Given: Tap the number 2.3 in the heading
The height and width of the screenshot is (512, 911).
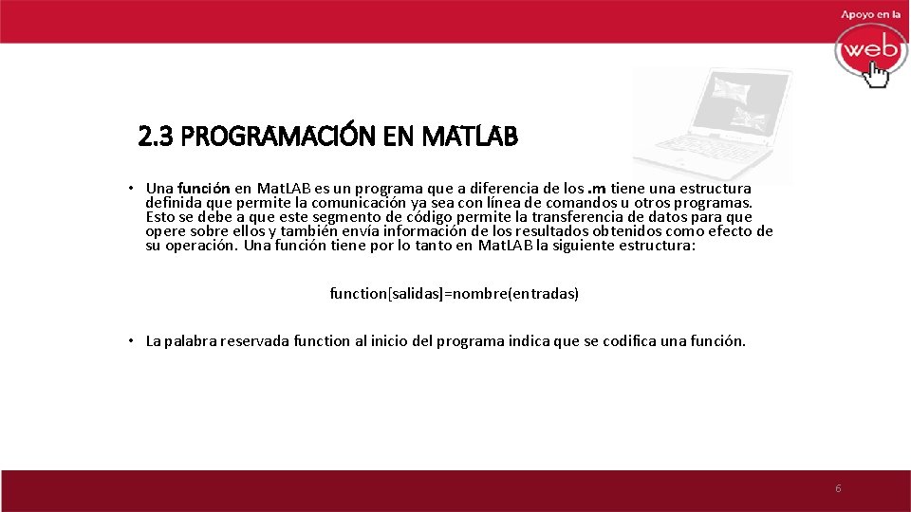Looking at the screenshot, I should coord(156,138).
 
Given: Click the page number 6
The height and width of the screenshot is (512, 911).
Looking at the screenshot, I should coord(838,488).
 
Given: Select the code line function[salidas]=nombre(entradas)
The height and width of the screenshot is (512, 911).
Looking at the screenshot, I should coord(454,294).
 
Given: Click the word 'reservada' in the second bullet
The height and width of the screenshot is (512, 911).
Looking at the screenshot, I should coord(255,341).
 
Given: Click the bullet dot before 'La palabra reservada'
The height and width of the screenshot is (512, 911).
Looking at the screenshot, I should coord(133,341).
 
